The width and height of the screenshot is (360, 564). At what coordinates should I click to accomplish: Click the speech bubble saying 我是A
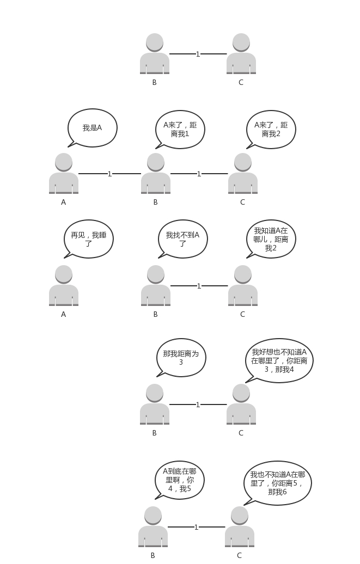pyautogui.click(x=92, y=128)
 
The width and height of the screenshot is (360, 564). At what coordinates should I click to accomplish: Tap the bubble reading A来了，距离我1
pyautogui.click(x=180, y=129)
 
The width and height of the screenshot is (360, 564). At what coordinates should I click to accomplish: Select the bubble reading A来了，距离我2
pyautogui.click(x=271, y=129)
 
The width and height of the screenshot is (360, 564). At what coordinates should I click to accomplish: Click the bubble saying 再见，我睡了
pyautogui.click(x=88, y=239)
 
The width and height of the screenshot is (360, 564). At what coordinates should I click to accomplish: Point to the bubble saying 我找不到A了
pyautogui.click(x=182, y=239)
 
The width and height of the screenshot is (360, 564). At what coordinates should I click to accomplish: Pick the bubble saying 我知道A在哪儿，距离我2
pyautogui.click(x=271, y=239)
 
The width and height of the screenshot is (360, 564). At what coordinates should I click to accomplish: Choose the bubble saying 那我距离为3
pyautogui.click(x=181, y=358)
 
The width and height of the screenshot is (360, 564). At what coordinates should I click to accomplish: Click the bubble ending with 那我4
pyautogui.click(x=279, y=360)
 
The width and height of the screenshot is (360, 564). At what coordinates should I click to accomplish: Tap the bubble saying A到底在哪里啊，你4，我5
pyautogui.click(x=179, y=480)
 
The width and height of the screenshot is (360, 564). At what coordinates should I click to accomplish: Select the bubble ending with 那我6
pyautogui.click(x=277, y=483)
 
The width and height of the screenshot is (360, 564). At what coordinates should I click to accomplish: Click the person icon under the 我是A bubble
pyautogui.click(x=64, y=174)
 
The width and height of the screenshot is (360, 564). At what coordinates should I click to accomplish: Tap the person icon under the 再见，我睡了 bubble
pyautogui.click(x=64, y=286)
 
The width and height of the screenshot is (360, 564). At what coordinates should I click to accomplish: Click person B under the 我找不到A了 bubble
pyautogui.click(x=156, y=286)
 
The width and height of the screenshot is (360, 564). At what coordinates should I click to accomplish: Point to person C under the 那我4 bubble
pyautogui.click(x=241, y=404)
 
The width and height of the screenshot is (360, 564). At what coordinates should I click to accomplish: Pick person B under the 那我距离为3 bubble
pyautogui.click(x=155, y=404)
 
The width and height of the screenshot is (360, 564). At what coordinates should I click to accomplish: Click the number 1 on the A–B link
pyautogui.click(x=109, y=174)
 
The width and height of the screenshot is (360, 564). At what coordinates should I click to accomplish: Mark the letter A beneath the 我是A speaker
pyautogui.click(x=63, y=202)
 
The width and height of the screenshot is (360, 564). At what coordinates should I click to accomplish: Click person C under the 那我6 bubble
pyautogui.click(x=240, y=527)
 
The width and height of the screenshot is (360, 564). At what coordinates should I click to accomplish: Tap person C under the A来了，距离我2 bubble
pyautogui.click(x=243, y=174)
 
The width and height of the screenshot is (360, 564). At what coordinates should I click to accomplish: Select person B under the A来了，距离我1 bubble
pyautogui.click(x=156, y=174)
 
